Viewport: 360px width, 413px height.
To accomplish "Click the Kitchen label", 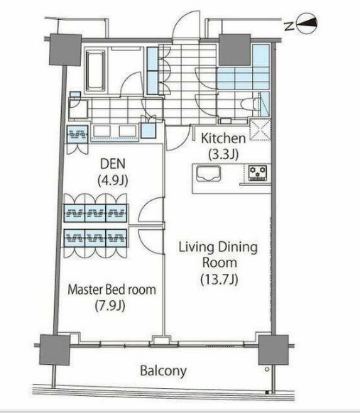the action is (x=223, y=138).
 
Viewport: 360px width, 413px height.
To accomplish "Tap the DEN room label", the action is (x=113, y=164).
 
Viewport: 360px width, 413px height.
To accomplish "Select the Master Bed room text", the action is (x=111, y=290).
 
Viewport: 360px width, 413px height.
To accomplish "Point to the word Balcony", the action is (x=163, y=371).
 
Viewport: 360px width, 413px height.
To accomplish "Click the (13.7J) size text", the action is (x=219, y=280).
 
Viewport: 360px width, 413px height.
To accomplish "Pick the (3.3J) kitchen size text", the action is (x=224, y=155).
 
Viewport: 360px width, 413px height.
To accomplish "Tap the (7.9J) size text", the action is (x=110, y=306).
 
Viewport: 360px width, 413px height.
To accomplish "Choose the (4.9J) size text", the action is (x=113, y=181).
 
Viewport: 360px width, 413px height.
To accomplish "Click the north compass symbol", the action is (x=306, y=23).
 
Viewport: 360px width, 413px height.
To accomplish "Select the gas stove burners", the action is (x=258, y=173).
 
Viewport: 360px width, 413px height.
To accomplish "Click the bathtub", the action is (x=95, y=70).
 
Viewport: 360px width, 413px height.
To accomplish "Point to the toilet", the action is (x=249, y=104).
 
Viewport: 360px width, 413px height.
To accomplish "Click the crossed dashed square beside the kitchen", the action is (x=260, y=130).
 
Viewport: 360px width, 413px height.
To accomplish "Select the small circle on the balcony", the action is (x=267, y=369).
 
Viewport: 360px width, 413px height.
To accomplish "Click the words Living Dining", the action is (x=218, y=248).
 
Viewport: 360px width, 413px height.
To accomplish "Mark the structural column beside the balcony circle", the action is (x=273, y=350).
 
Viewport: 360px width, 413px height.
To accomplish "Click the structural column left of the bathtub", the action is (x=65, y=50).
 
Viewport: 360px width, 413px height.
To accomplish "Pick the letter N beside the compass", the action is (x=289, y=26).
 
